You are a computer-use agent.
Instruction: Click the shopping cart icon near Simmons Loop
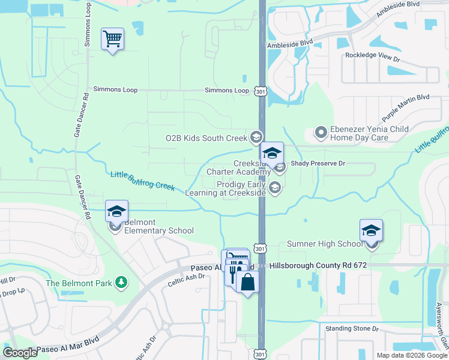[x=112, y=40]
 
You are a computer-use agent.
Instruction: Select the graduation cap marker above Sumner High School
[x=371, y=231]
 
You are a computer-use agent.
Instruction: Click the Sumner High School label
[x=324, y=244]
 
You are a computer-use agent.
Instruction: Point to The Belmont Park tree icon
[x=121, y=282]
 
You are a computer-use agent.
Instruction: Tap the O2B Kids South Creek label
[x=206, y=138]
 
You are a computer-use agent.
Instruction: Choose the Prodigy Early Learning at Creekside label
[x=241, y=189]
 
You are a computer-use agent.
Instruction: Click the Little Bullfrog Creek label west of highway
[x=142, y=181]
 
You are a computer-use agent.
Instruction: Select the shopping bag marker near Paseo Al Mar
[x=247, y=282]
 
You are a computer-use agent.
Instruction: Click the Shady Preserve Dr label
[x=318, y=163]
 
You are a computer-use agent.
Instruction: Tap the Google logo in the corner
[x=20, y=353]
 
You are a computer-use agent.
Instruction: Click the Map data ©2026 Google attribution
[x=411, y=355]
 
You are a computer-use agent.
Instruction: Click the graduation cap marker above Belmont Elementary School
[x=116, y=211]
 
